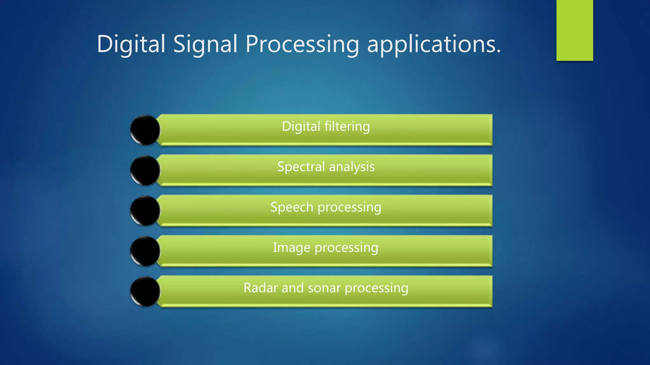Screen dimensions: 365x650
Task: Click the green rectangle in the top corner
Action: click(574, 30)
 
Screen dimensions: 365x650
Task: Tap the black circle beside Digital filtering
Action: click(145, 130)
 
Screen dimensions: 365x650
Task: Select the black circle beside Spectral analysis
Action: click(145, 170)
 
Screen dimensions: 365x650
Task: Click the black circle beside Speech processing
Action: click(145, 211)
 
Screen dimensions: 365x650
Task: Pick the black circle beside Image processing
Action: click(145, 251)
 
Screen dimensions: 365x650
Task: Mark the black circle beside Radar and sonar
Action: click(145, 291)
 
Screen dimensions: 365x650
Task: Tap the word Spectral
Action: click(301, 167)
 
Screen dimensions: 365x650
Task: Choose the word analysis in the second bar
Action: click(352, 167)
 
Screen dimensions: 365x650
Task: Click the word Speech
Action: click(292, 207)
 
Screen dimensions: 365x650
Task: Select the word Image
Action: click(291, 247)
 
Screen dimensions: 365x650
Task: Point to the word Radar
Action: click(260, 288)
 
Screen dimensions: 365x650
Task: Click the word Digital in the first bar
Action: click(301, 126)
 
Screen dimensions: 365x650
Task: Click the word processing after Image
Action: click(346, 248)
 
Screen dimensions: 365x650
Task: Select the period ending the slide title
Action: click(499, 51)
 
